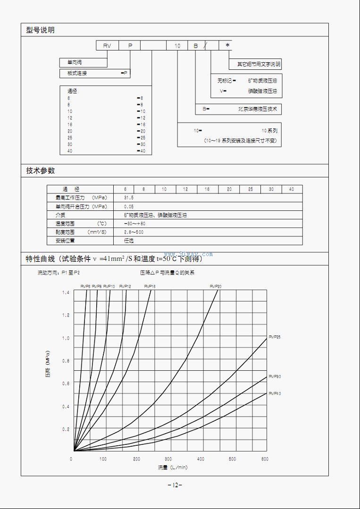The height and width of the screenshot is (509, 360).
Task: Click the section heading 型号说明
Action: pos(40,30)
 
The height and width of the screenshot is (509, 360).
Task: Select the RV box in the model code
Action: pos(107,46)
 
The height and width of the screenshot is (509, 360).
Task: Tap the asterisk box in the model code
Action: pos(227,45)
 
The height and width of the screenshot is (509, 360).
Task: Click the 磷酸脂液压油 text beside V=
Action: pos(263,91)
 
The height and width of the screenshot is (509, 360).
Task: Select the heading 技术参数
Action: pos(40,171)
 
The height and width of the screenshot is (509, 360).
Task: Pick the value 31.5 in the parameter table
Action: pos(128,198)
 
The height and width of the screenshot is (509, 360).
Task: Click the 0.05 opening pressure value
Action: pos(128,207)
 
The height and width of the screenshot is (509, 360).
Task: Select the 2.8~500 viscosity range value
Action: pos(134,232)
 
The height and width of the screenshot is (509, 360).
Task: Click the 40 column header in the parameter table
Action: pos(292,189)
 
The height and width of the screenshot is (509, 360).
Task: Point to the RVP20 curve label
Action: pos(216,286)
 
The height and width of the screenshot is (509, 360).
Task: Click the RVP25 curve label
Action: pos(275,337)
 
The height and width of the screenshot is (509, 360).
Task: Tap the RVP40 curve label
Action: pos(275,393)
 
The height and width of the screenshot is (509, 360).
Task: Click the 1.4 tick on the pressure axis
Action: pos(66,293)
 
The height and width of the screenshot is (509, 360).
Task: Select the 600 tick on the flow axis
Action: pos(264,459)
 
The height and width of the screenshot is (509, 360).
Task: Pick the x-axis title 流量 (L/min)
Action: pos(173,467)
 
